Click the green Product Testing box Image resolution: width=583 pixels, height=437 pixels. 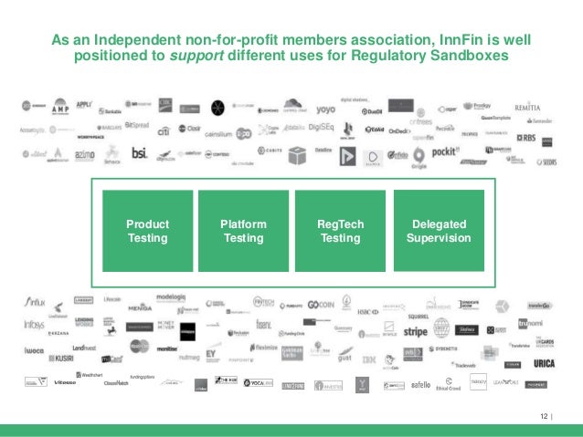(x=147, y=231)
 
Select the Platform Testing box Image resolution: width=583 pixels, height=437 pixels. (x=243, y=231)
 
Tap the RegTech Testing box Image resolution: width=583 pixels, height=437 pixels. (x=339, y=231)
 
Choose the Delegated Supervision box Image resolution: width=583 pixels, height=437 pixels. (x=439, y=231)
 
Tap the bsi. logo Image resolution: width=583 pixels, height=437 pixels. (x=139, y=153)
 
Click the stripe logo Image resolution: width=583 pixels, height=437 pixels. (x=416, y=332)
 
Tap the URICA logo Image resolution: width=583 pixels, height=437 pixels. (x=544, y=364)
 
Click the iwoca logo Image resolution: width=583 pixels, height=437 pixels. (x=33, y=349)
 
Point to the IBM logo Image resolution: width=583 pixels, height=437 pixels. (x=368, y=361)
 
